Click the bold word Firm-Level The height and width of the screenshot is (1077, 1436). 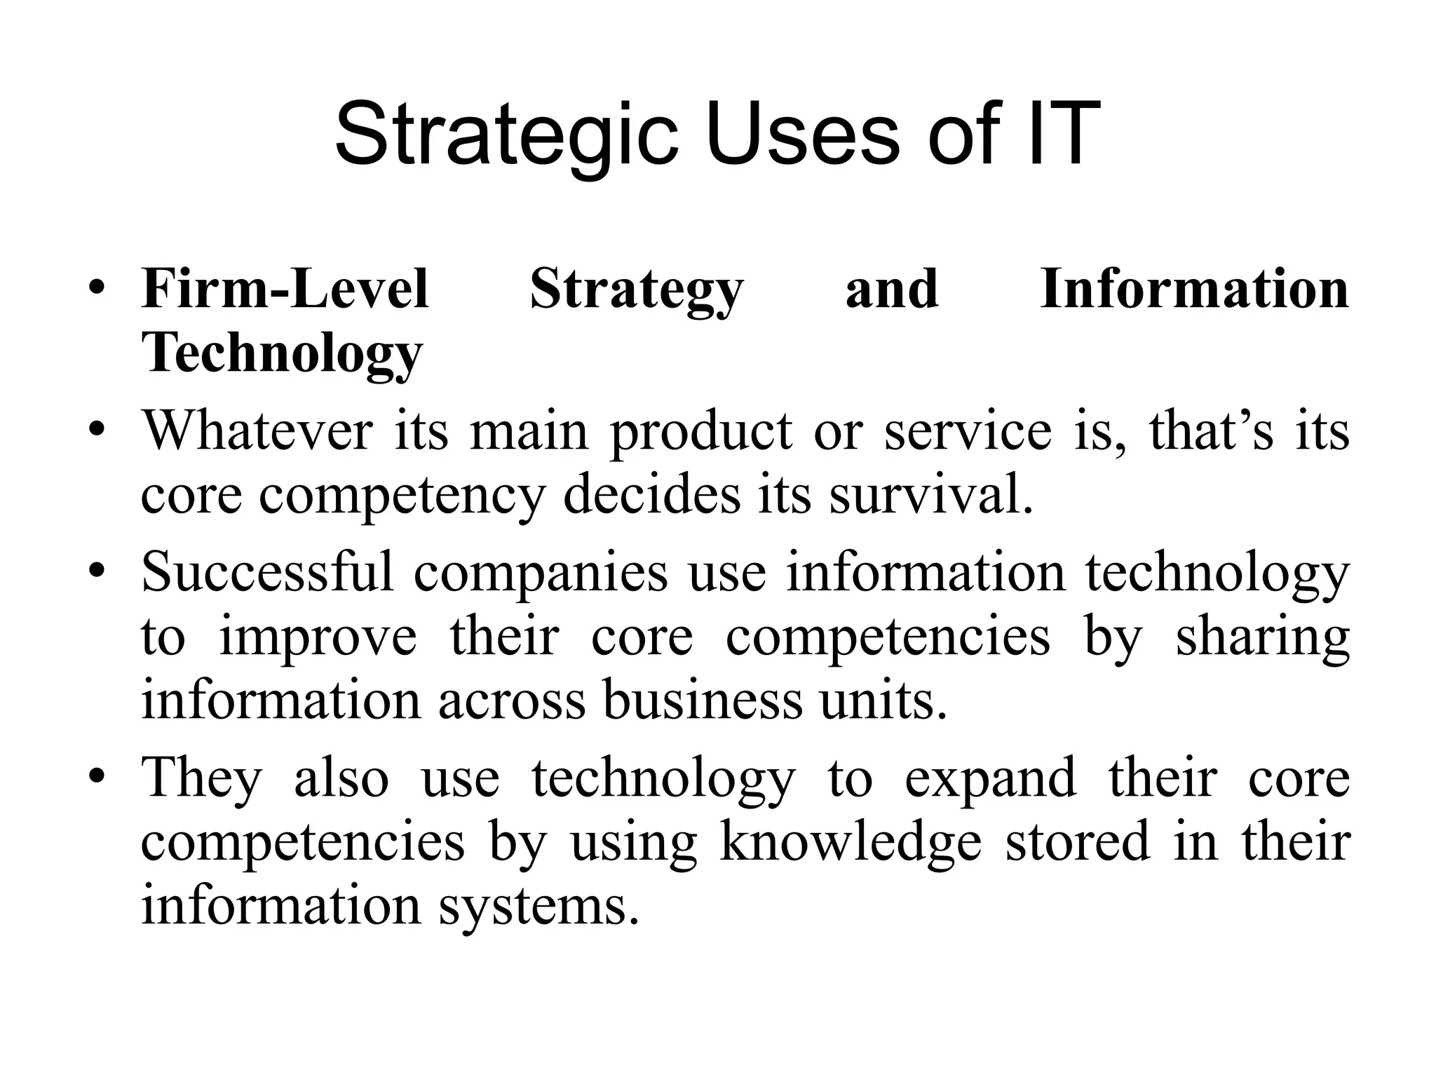pos(285,289)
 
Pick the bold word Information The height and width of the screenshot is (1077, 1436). pos(1194,289)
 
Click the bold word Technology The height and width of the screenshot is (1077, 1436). pos(282,353)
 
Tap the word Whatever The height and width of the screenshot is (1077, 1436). pos(257,430)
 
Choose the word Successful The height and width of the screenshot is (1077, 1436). pos(267,572)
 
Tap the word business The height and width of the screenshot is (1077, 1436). pos(702,700)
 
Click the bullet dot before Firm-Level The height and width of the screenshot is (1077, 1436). pos(97,289)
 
